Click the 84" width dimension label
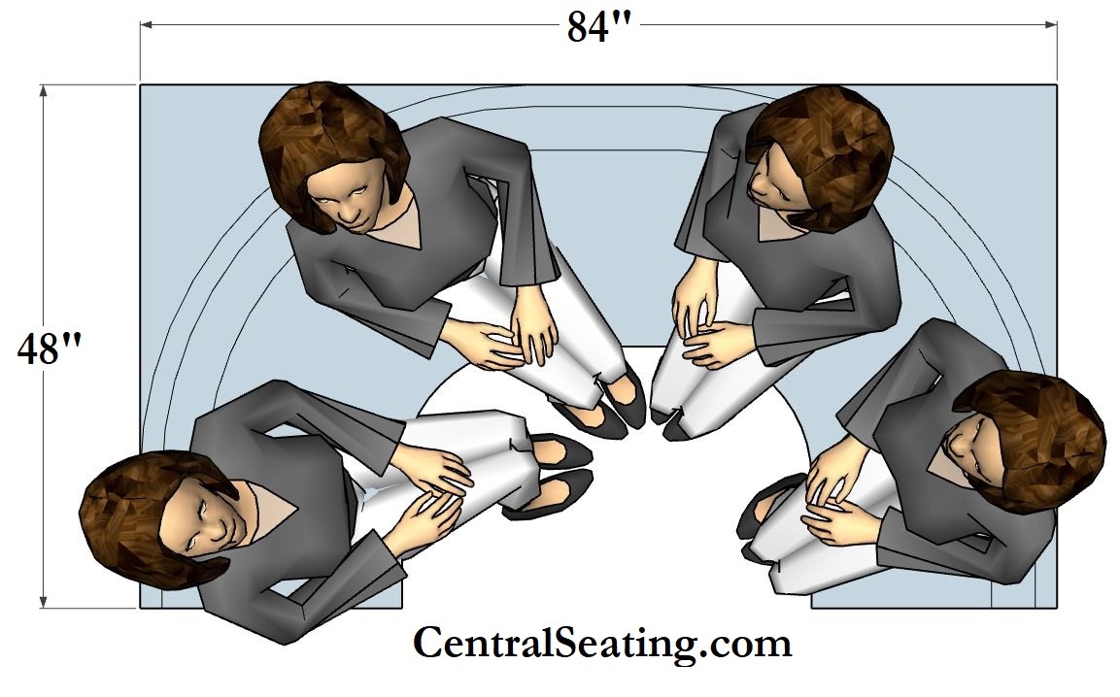[598, 27]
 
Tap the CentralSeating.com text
[602, 643]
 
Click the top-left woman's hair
[332, 143]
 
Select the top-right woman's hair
[822, 153]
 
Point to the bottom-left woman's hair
[143, 514]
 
